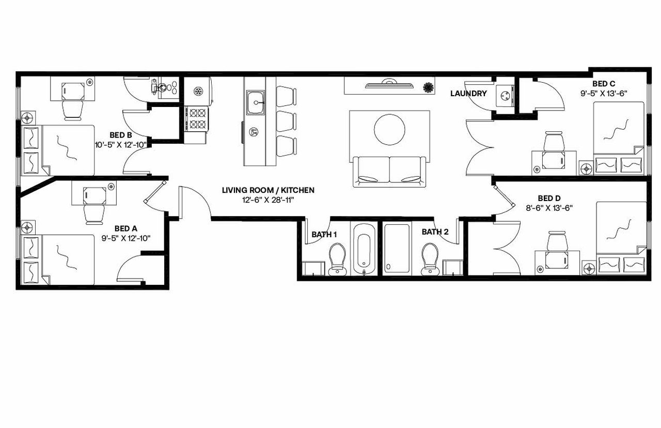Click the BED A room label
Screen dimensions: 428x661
tap(125, 227)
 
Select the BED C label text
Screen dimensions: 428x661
tap(603, 84)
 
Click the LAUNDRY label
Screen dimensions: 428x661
tap(468, 94)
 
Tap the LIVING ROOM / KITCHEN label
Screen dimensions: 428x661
tap(267, 190)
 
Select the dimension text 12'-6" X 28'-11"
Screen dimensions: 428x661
tap(267, 200)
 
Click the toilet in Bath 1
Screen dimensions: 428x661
tap(338, 258)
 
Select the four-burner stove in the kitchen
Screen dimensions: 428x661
tap(197, 118)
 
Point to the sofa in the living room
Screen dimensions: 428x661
tap(390, 171)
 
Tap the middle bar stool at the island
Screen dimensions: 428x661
tap(286, 121)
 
